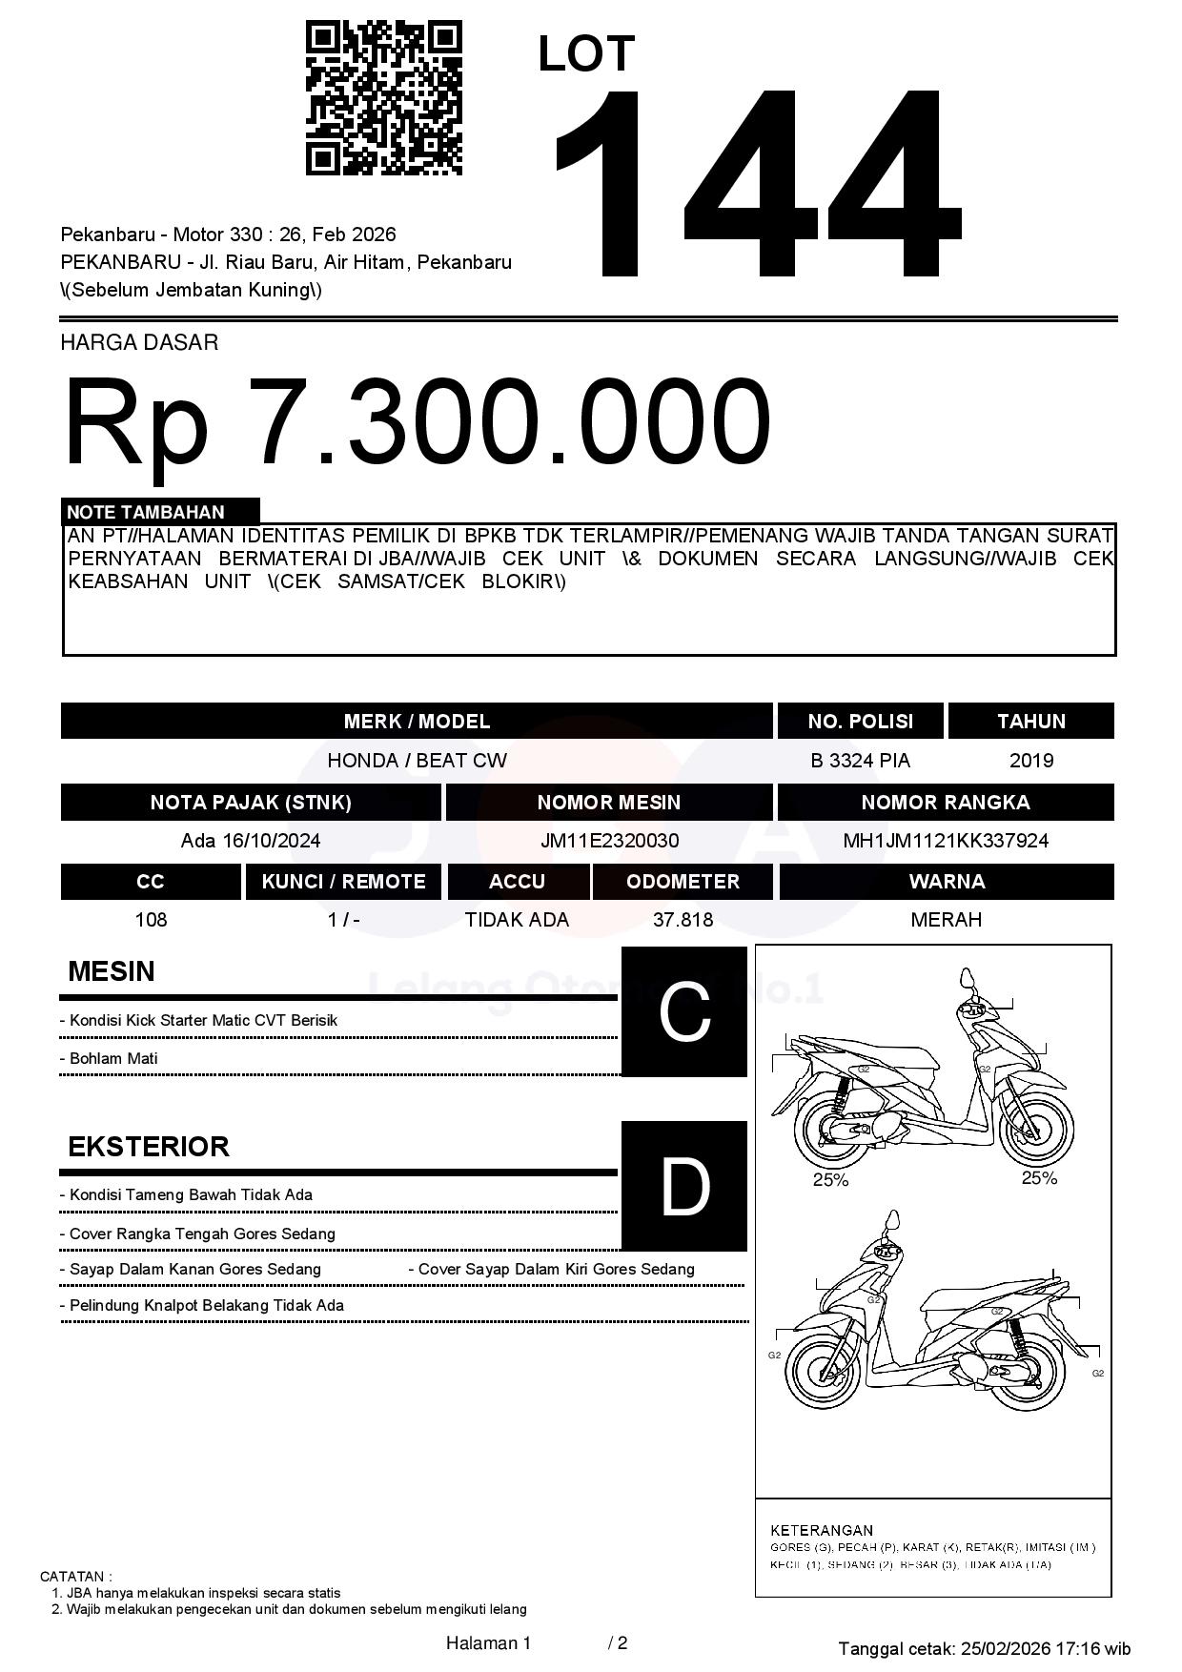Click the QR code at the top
click(x=383, y=98)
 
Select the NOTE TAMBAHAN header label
click(x=146, y=512)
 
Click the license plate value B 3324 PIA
click(x=860, y=761)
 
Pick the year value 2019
click(x=1030, y=761)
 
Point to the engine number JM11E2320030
click(x=609, y=841)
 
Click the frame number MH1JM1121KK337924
click(x=946, y=841)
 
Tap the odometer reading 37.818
click(x=683, y=920)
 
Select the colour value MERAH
click(x=946, y=920)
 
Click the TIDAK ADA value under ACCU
click(x=517, y=920)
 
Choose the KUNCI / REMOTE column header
click(x=343, y=882)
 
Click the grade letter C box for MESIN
click(x=684, y=1011)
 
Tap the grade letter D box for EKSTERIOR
click(x=684, y=1186)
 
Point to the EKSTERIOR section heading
click(x=149, y=1146)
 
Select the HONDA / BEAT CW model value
click(x=417, y=761)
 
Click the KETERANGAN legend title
click(x=822, y=1530)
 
